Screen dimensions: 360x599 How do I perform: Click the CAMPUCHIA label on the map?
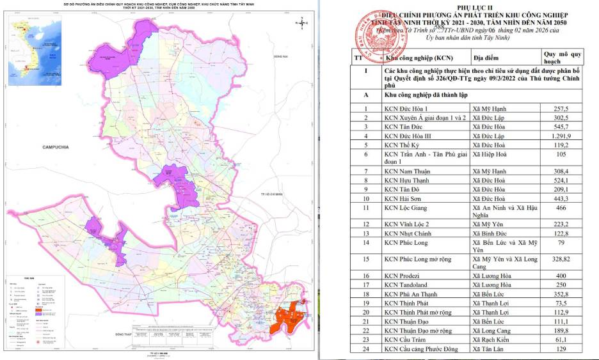pyautogui.click(x=55, y=148)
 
